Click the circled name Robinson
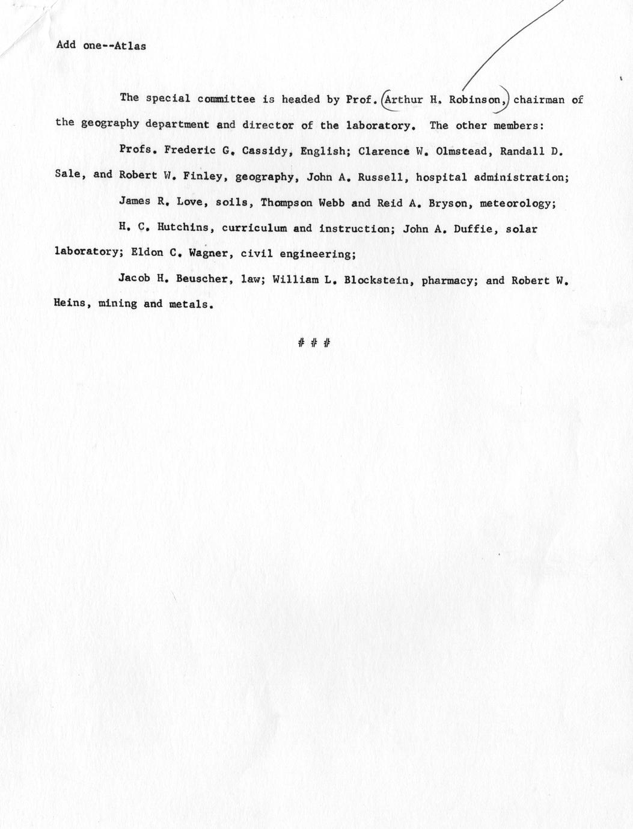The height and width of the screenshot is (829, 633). (x=477, y=100)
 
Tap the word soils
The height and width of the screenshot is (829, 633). (x=231, y=203)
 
